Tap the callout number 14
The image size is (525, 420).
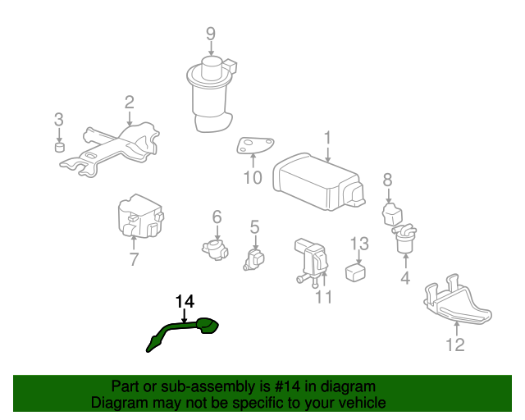(185, 301)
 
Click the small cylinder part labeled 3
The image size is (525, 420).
(60, 147)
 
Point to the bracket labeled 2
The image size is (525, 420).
(111, 149)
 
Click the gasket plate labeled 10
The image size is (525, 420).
(255, 145)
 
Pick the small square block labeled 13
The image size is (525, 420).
(355, 272)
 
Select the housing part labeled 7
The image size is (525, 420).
(140, 217)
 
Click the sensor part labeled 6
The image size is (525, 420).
(216, 250)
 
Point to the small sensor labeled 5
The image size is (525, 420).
(253, 260)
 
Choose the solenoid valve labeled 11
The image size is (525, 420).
(311, 261)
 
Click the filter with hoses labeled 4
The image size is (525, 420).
(404, 239)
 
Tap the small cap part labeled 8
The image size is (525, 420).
(392, 213)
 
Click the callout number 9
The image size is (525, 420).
(211, 34)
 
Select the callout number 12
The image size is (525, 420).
(455, 345)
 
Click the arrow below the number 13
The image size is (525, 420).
(358, 258)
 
